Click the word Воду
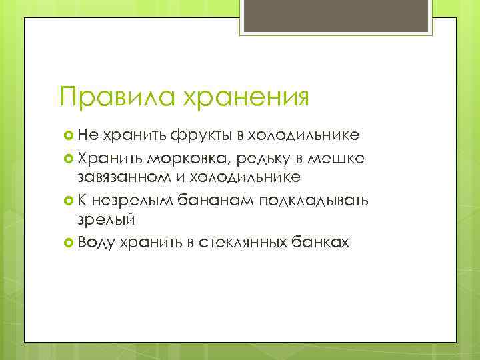(x=96, y=241)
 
